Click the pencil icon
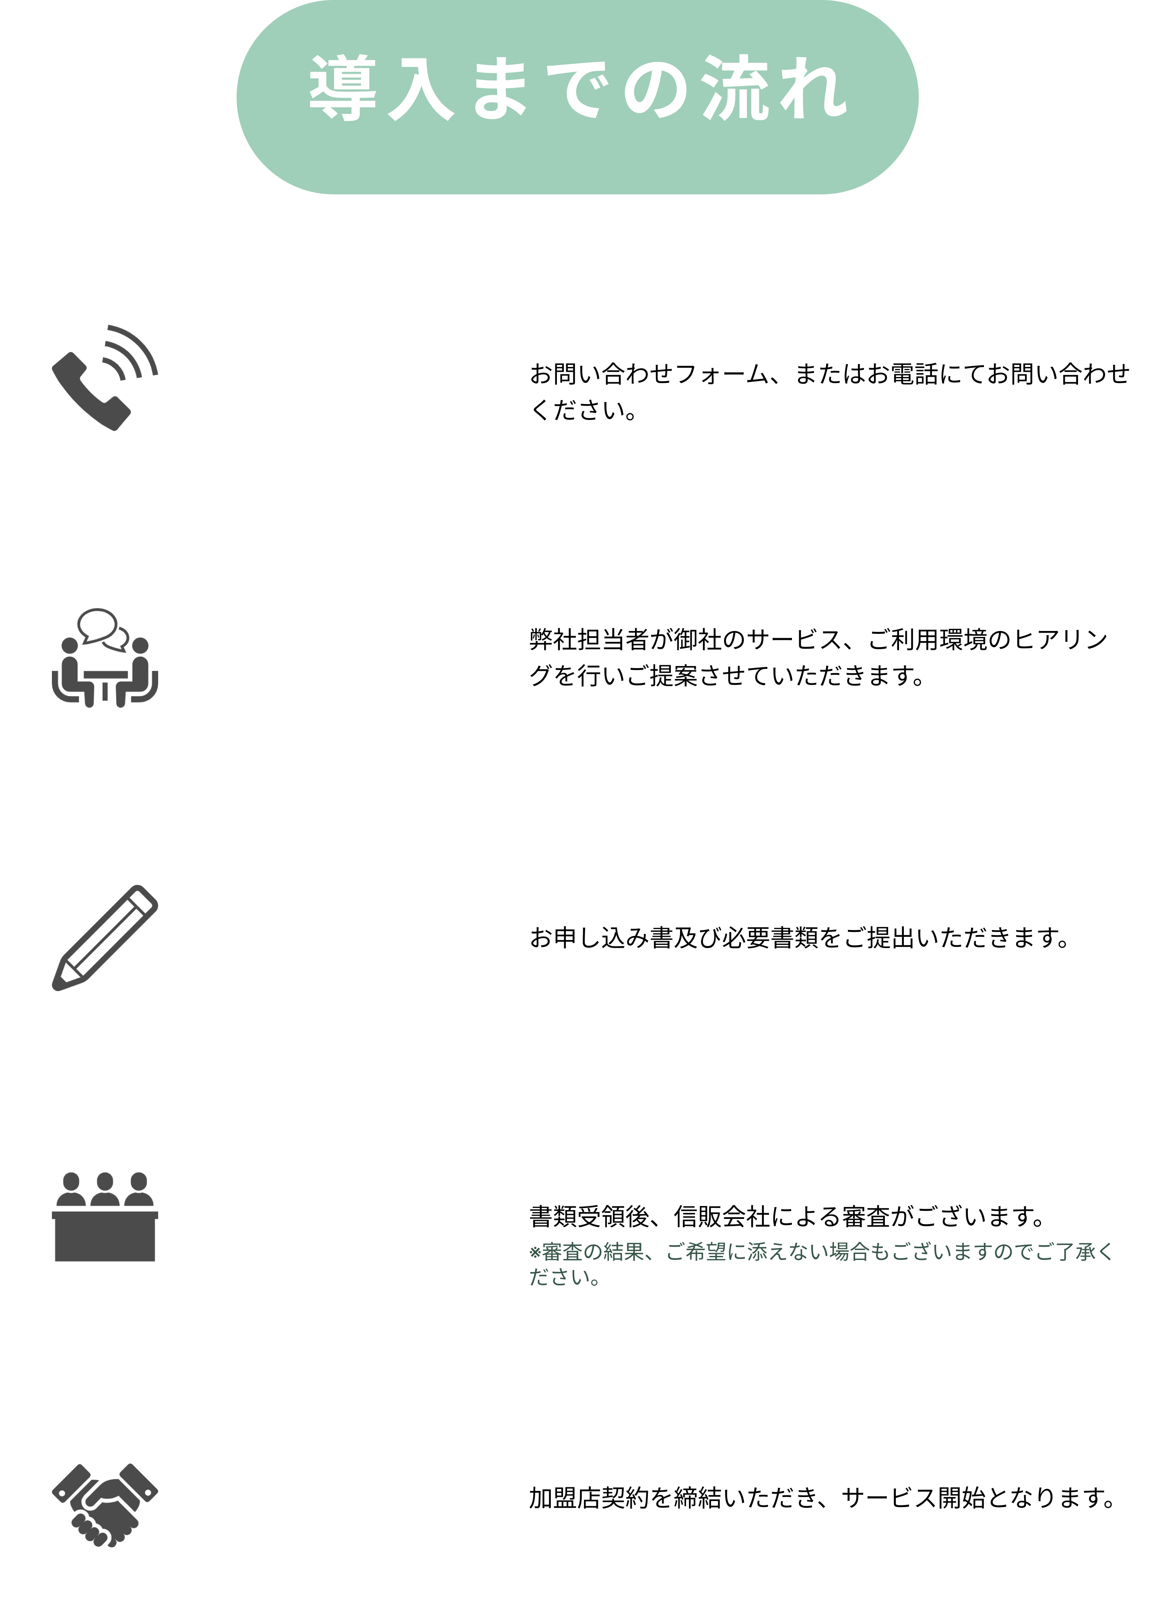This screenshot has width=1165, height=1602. point(105,937)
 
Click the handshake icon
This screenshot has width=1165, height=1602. point(105,1497)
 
